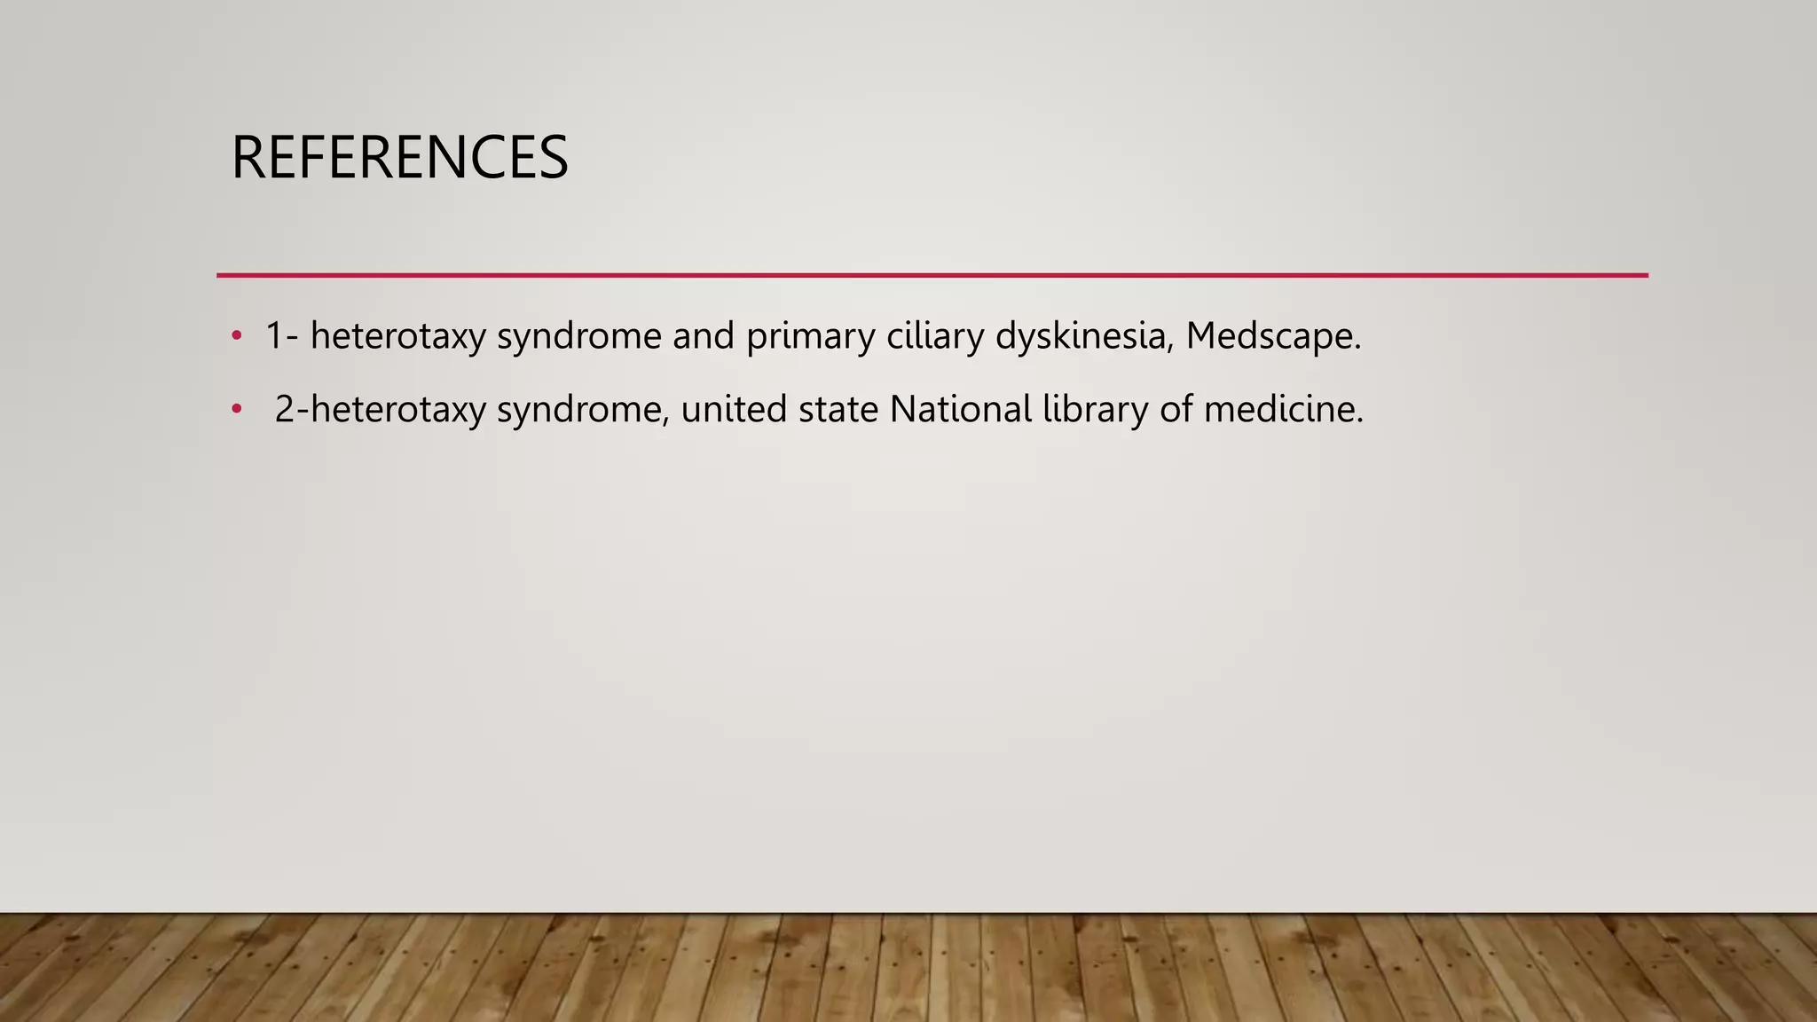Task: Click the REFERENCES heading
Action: point(399,157)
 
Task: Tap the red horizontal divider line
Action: point(932,275)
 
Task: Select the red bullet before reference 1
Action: point(236,336)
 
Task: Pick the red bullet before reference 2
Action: point(236,409)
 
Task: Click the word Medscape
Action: point(1272,336)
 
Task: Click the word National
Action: point(961,409)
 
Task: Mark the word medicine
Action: point(1283,409)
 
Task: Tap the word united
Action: point(734,409)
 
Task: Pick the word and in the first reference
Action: point(704,336)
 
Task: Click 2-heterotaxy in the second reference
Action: point(381,409)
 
